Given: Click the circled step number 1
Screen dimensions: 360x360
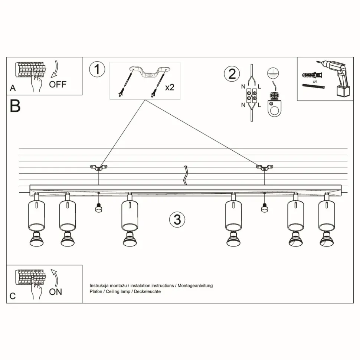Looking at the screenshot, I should pos(97,69).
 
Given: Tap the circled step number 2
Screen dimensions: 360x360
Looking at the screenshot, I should pos(232,73).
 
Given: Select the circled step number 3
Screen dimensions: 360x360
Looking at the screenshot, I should pos(177,219).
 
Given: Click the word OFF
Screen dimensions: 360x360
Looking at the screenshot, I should pos(58,84).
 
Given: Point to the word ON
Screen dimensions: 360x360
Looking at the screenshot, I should pos(56,292).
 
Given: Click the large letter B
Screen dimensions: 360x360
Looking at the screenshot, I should pos(15,106).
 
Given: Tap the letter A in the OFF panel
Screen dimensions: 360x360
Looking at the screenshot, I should pos(13,88).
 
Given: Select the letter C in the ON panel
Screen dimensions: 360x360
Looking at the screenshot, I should pos(13,296).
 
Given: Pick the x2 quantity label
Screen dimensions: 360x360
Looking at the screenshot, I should pos(170,88).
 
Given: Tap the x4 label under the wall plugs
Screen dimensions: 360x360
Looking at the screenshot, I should pos(315,81).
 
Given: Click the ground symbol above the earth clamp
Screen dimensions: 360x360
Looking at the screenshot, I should pos(273,73).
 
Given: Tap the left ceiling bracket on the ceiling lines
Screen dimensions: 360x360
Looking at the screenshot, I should pos(98,167).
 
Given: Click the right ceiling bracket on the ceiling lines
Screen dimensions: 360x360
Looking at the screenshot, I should pos(264,167).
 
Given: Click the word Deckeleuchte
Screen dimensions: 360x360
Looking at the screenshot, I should pos(148,292).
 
